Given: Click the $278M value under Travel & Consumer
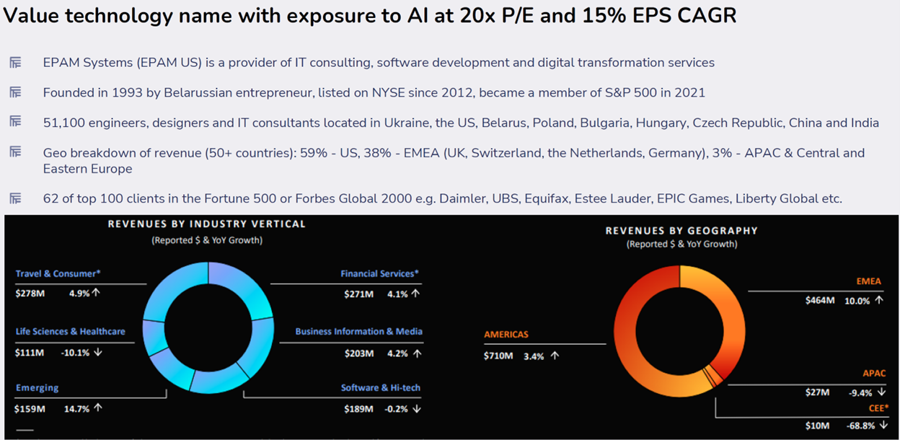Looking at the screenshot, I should (x=29, y=294).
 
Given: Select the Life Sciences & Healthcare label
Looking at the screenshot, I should (x=70, y=331).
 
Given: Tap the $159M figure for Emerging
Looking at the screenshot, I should (x=30, y=408).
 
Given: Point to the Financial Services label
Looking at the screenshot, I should (x=379, y=273).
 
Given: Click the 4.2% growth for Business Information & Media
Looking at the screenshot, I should (x=398, y=353).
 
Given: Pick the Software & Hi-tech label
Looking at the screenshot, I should (x=380, y=387).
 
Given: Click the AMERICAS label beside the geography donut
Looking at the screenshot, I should (x=506, y=335).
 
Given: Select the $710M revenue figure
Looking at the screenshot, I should (x=498, y=356).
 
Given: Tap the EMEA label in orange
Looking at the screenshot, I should (x=868, y=281).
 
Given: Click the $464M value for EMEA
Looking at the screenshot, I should (x=820, y=301).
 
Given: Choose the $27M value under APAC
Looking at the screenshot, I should (x=817, y=392).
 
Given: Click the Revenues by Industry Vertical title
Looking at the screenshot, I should (x=207, y=224).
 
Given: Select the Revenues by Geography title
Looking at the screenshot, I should (x=681, y=231).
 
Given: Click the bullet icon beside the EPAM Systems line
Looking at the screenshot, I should (x=15, y=63).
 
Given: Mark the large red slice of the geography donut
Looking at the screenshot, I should (x=635, y=303).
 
